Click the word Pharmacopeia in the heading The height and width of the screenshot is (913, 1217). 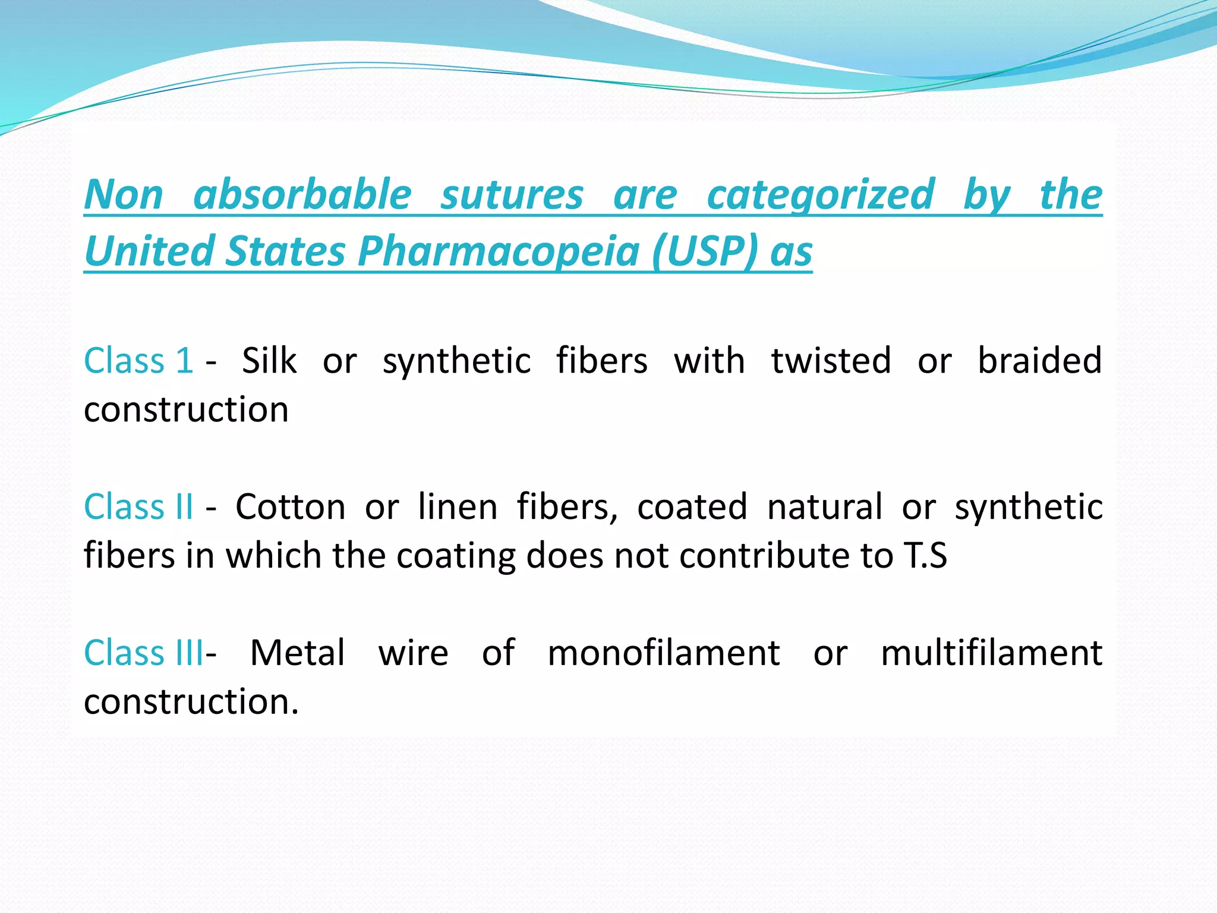498,251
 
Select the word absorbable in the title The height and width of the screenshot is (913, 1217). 302,195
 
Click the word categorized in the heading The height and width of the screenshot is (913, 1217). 821,195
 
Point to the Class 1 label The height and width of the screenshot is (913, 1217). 138,360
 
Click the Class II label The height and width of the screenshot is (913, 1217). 138,506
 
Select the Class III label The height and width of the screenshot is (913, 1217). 143,653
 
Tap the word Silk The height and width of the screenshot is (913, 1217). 269,360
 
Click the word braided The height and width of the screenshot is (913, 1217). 1040,360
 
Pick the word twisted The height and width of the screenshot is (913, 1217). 831,360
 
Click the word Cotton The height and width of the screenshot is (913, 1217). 290,506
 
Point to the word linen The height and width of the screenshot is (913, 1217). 458,506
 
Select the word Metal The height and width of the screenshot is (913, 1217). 297,653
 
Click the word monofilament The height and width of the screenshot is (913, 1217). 663,653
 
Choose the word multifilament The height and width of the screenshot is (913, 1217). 991,653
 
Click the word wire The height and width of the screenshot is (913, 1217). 413,653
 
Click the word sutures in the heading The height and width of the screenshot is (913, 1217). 512,195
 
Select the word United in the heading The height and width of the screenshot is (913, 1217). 149,251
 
